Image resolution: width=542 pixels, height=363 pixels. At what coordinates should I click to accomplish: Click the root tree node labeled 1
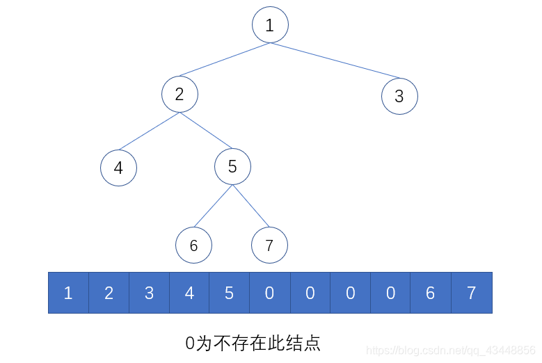[270, 25]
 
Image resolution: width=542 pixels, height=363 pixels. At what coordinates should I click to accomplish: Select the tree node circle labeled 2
[180, 94]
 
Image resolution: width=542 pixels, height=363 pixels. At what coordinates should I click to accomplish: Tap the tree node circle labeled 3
[399, 96]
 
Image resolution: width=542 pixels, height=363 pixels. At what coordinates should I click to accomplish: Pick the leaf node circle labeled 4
[118, 168]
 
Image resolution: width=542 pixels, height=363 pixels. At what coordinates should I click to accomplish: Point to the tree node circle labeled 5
[232, 166]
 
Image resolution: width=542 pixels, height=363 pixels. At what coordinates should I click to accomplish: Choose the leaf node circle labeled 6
[193, 245]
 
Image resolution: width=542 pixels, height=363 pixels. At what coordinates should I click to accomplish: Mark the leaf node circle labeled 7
[269, 245]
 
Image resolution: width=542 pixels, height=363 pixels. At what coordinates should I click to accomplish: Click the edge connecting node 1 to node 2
[225, 60]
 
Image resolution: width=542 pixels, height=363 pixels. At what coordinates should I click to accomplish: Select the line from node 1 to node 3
[335, 60]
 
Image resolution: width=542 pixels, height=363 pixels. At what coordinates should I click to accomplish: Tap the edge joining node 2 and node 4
[149, 131]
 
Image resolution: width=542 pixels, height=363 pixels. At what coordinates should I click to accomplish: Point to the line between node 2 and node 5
[206, 130]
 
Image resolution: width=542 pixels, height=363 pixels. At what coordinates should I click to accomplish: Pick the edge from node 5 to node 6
[213, 206]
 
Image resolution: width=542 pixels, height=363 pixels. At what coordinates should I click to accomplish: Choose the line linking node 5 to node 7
[250, 206]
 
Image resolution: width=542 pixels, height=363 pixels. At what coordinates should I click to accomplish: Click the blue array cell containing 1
[68, 293]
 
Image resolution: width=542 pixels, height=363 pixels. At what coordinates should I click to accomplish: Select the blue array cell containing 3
[149, 293]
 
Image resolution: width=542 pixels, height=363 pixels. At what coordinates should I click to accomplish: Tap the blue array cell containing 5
[230, 293]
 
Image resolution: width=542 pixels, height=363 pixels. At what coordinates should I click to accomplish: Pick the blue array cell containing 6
[431, 293]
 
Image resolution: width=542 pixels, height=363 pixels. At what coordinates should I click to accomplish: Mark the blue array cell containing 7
[471, 293]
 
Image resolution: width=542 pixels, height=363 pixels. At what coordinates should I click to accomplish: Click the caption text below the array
[253, 342]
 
